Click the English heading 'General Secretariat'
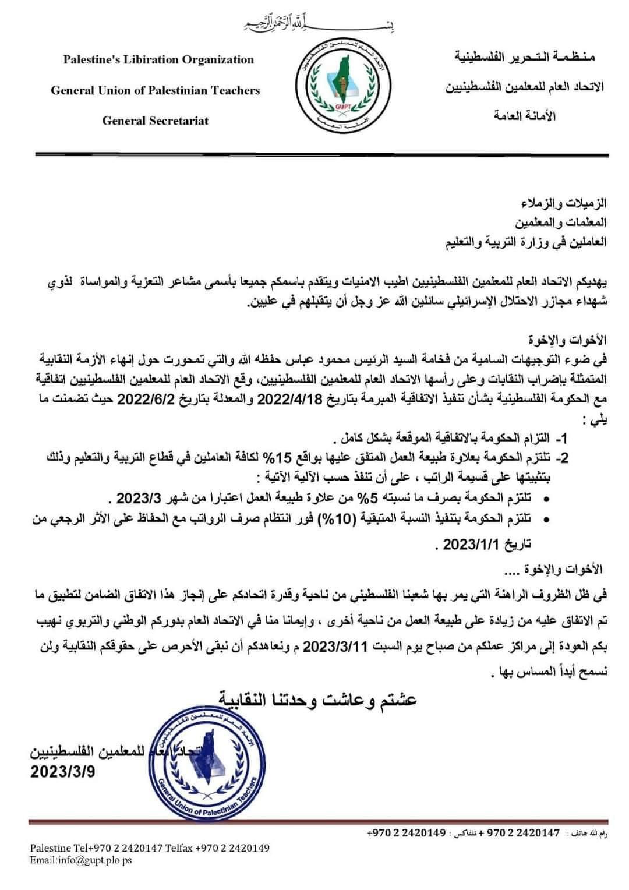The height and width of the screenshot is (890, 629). coord(155,121)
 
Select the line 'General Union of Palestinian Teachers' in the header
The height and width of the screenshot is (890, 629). coord(155,90)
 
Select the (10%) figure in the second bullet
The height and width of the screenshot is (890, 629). coord(336,518)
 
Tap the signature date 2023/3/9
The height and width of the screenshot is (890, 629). coord(63,772)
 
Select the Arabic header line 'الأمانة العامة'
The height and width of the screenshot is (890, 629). coord(524,116)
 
